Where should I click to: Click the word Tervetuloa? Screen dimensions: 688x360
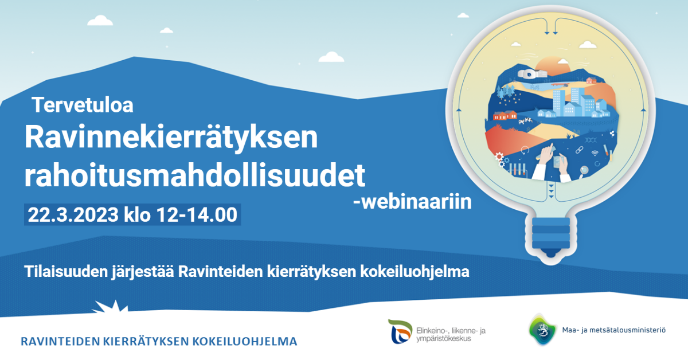click(x=83, y=105)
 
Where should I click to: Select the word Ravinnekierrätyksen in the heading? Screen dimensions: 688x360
click(x=171, y=139)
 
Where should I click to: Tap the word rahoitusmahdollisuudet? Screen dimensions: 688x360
click(x=195, y=175)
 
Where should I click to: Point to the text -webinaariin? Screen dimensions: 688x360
click(x=412, y=202)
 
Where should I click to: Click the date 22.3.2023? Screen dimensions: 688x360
click(x=73, y=214)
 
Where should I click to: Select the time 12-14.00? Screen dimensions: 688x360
click(x=197, y=214)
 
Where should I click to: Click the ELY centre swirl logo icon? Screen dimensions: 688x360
click(x=400, y=331)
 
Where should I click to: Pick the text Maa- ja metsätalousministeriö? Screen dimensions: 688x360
click(x=613, y=330)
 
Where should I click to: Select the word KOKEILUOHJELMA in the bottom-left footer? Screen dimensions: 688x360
click(x=245, y=342)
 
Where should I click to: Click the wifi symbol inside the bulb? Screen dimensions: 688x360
click(x=595, y=153)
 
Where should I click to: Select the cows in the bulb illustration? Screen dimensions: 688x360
click(x=526, y=121)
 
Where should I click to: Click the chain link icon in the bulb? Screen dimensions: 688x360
click(x=579, y=150)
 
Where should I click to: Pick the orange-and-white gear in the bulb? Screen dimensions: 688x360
click(x=499, y=156)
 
